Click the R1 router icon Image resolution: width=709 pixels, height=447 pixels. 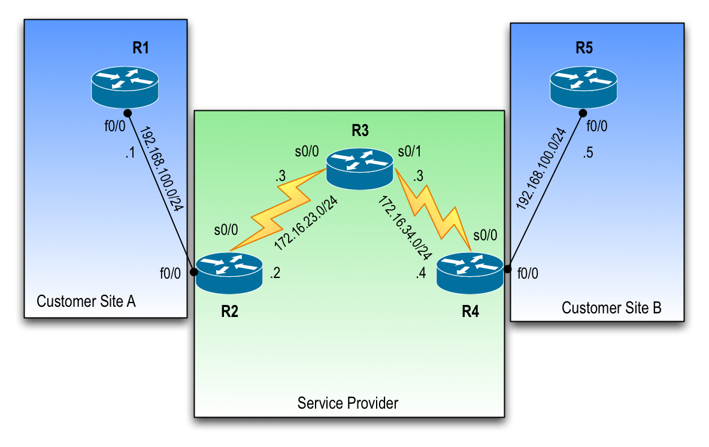125,87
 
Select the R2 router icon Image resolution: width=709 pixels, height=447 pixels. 229,273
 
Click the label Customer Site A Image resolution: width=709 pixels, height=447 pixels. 86,301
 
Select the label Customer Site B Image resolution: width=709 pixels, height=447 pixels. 611,308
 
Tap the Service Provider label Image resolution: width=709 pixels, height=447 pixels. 348,403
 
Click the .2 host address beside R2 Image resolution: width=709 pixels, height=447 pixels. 275,274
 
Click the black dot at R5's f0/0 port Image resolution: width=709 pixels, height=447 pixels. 582,113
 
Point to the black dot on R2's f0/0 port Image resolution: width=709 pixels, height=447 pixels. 193,273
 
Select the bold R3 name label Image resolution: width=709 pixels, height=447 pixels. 360,131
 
